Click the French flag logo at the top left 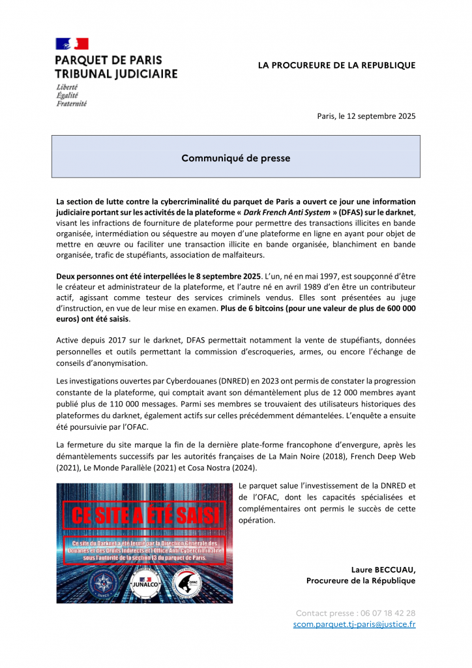[72, 44]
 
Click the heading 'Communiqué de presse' [235, 158]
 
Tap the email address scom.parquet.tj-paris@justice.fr [354, 624]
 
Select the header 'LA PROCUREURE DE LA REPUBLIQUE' [336, 65]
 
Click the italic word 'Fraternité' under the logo [71, 103]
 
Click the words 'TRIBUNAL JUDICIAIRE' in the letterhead [116, 74]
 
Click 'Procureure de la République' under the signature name [361, 581]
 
